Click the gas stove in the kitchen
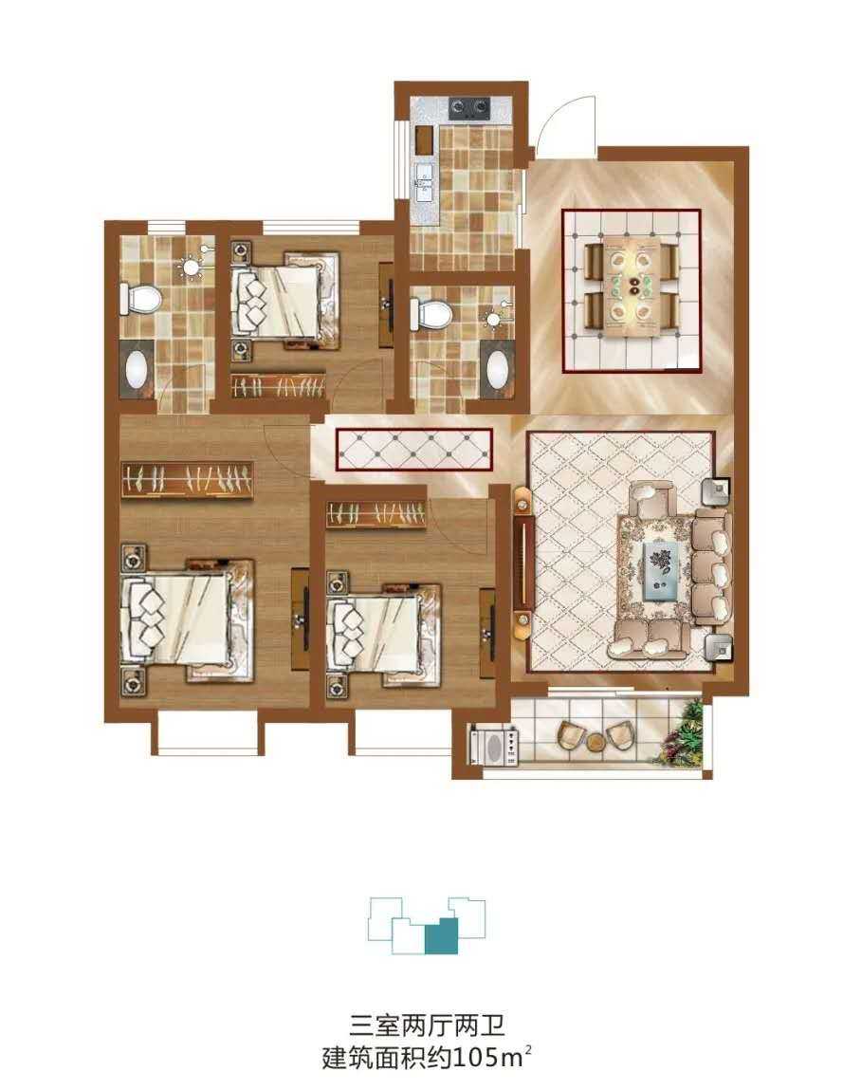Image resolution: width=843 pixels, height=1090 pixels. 469,106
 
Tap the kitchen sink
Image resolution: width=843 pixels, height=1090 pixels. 423,180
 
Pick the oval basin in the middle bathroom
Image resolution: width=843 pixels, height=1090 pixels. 498,371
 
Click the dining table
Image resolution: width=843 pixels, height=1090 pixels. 632,286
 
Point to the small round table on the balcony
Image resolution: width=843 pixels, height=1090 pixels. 596,742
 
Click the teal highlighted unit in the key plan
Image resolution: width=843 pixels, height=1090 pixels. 441,935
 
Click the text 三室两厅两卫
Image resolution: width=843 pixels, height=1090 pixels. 426,1025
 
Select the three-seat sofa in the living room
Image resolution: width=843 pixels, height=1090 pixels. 711,567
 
